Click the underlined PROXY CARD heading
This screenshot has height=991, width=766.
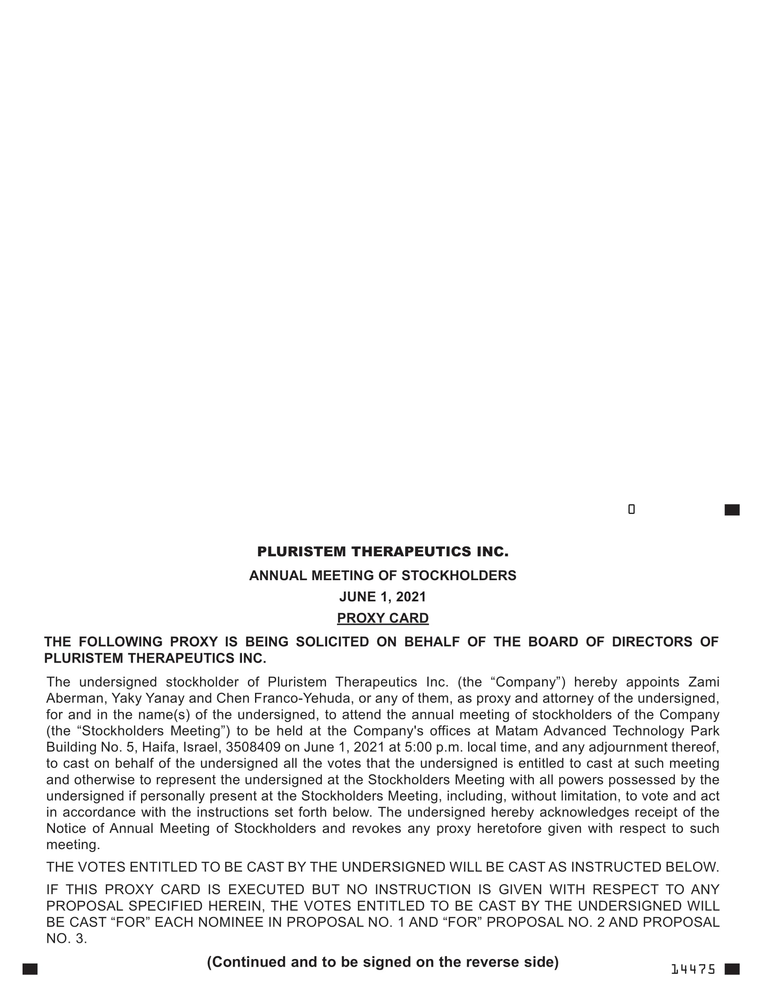point(383,618)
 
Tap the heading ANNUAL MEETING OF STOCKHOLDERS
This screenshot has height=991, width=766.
point(383,575)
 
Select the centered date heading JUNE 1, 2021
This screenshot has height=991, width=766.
point(383,597)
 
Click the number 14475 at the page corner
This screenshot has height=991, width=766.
point(693,969)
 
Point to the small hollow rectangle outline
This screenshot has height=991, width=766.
point(631,509)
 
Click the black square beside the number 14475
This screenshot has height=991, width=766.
point(732,969)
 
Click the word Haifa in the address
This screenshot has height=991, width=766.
point(158,747)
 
